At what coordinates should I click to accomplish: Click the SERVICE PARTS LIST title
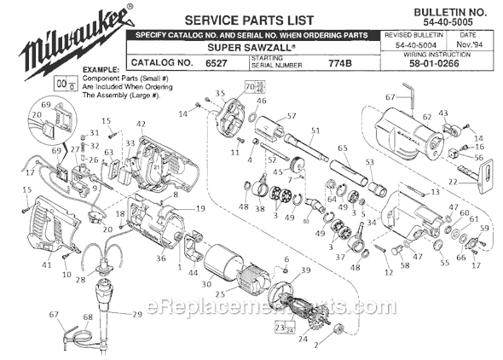pyautogui.click(x=237, y=19)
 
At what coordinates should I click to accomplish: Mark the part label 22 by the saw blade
pyautogui.click(x=454, y=182)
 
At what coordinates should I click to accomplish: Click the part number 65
pyautogui.click(x=344, y=148)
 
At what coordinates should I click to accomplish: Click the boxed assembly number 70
pyautogui.click(x=249, y=87)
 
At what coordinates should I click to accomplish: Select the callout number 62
pyautogui.click(x=426, y=118)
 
